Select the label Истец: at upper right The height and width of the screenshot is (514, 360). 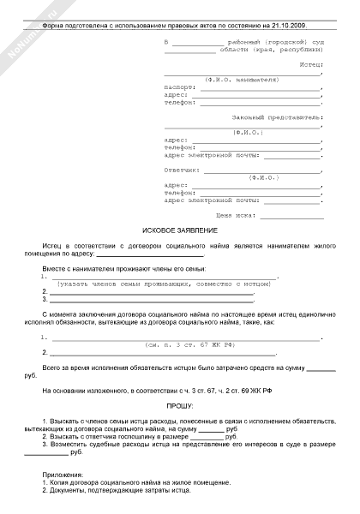tap(309, 65)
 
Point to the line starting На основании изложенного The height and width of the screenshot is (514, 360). tap(170, 390)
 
